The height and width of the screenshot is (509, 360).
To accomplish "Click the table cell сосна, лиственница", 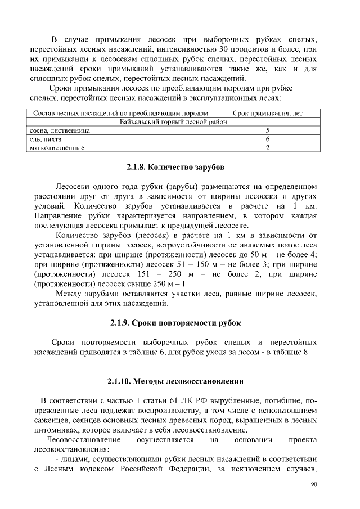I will [60, 130].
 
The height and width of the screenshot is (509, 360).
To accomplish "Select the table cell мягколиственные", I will [57, 148].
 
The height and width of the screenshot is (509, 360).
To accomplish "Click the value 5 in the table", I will [268, 130].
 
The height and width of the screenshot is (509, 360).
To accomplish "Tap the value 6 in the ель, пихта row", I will [268, 139].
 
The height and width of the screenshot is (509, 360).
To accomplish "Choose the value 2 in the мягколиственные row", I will [268, 148].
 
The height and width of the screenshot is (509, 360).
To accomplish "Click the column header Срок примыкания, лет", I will [268, 113].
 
